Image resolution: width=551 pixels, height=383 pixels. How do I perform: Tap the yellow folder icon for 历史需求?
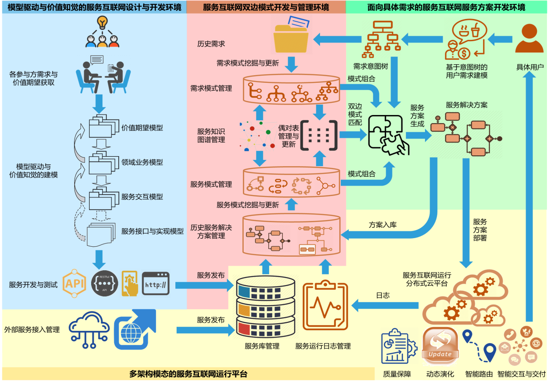[292, 36]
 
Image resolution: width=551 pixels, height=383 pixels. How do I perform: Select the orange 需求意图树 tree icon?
[383, 36]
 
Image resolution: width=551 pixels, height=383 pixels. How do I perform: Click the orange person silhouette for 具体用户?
[529, 39]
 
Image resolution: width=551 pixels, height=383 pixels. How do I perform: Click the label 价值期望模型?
[142, 128]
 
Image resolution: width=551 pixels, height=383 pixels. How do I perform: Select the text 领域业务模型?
[142, 162]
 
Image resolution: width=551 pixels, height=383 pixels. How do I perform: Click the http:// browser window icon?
[155, 284]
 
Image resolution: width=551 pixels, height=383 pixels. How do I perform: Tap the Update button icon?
[440, 346]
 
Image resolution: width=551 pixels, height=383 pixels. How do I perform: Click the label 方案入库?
[383, 225]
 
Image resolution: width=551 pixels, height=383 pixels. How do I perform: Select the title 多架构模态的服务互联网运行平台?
[188, 374]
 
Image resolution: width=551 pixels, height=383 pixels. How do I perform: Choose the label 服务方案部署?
[480, 230]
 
